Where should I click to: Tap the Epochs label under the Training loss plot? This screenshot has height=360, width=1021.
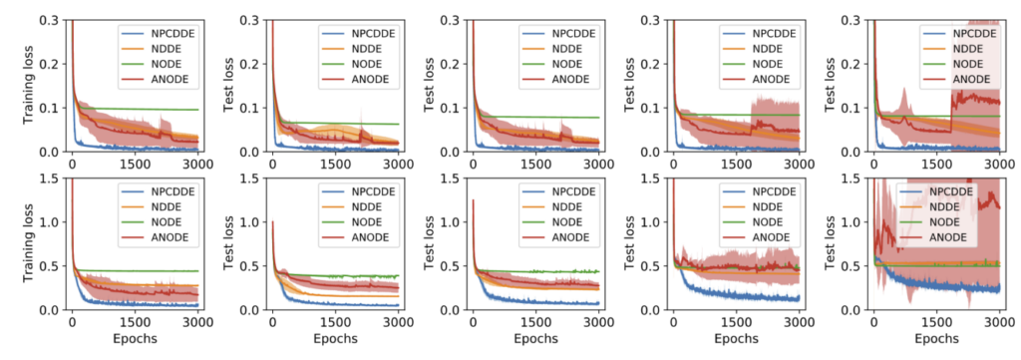point(134,341)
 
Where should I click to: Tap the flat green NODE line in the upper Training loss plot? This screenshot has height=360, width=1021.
point(150,109)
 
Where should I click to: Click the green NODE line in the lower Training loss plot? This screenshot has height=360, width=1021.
point(150,271)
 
